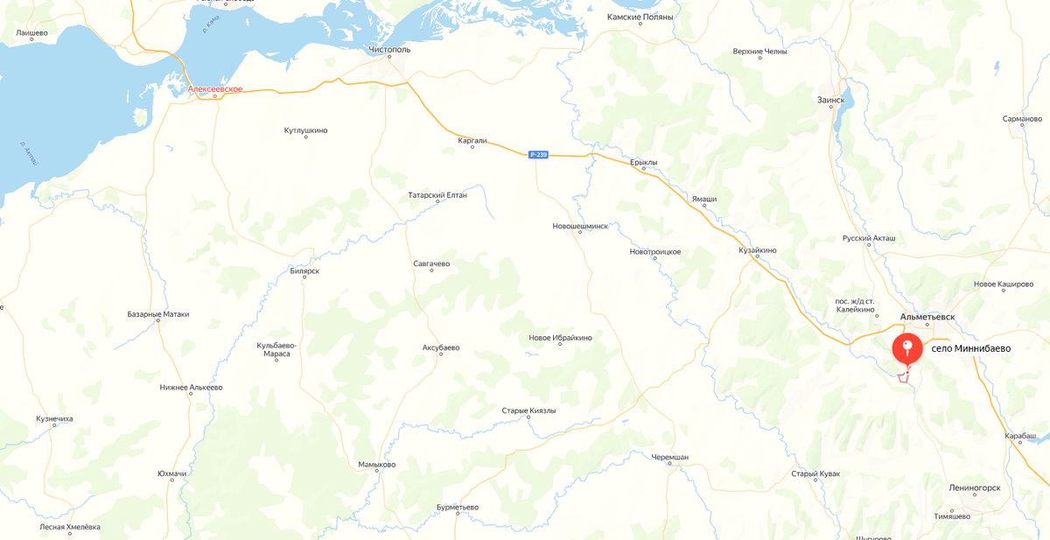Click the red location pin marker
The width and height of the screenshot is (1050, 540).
point(906,348)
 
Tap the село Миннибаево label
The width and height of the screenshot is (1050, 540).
point(970,348)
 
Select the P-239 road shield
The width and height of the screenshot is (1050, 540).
point(538,155)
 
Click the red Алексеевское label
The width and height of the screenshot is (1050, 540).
point(215,89)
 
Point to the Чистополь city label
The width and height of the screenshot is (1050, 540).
point(389,50)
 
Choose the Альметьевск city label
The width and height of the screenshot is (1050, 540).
point(927,317)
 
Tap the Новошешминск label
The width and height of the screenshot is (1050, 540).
point(580,226)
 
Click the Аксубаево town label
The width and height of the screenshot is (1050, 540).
point(441,347)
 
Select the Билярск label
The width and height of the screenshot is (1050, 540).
point(304,271)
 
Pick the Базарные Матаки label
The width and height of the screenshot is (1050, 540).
point(158,314)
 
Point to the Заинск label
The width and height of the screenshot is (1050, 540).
point(830,100)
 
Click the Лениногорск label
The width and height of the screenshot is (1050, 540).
point(975,488)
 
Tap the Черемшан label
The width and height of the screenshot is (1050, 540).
point(670,458)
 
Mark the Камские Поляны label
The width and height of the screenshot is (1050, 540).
point(640,18)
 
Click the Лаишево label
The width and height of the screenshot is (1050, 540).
point(31,33)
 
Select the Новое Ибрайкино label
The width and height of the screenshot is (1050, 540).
point(560,338)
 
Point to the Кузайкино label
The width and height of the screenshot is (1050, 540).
point(757,250)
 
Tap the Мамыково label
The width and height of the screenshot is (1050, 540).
point(377,465)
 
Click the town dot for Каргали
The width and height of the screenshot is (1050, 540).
point(472,147)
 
